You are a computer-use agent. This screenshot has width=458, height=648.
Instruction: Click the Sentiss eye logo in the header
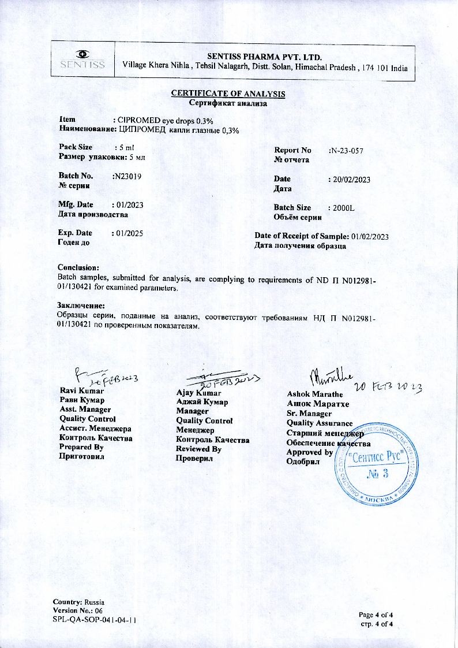coord(84,54)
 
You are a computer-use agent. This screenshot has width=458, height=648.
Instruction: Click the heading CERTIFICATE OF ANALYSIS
coord(228,94)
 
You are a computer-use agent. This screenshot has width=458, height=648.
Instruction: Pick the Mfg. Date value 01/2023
coord(128,204)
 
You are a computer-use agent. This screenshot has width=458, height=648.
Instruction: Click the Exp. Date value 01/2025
coord(128,233)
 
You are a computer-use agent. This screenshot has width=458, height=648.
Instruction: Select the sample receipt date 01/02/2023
coord(370,236)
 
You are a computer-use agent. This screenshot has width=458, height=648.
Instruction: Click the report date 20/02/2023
coord(351,180)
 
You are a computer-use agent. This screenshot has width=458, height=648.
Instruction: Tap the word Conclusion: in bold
coord(78,267)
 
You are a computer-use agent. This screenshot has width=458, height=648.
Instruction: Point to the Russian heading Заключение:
coord(81,305)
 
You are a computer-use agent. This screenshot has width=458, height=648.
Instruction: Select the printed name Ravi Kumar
coord(82,391)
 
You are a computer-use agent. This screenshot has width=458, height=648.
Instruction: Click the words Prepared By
coord(81,446)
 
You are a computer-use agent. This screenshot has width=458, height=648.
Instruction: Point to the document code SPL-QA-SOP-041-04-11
coord(95,620)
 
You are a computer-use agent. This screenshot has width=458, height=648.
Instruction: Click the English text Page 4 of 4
coord(376,614)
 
